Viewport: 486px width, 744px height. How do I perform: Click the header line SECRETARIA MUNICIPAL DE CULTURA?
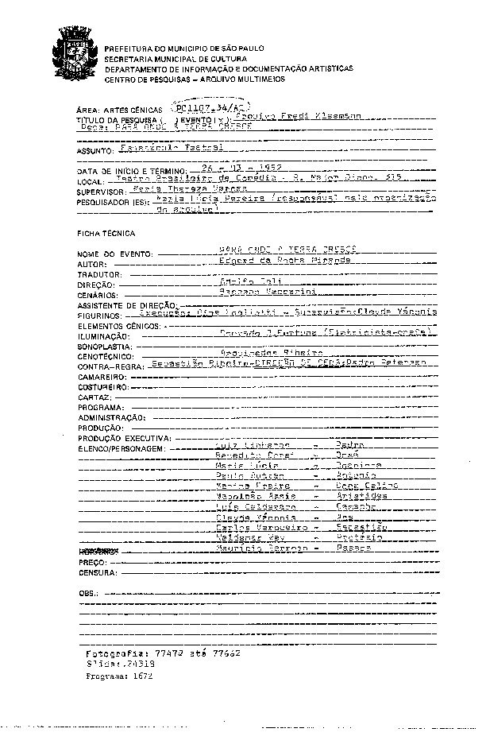point(175,59)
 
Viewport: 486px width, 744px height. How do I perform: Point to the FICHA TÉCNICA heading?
point(106,234)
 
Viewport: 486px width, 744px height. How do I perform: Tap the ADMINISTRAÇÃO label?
point(111,417)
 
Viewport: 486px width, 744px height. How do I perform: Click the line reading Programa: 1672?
point(118,676)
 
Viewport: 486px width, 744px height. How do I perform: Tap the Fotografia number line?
point(163,652)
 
